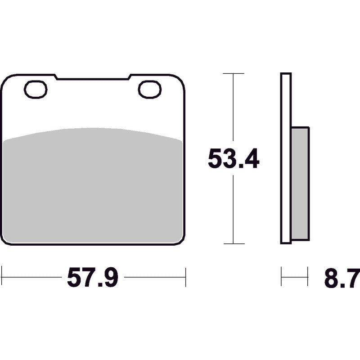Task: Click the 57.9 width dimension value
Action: point(93,277)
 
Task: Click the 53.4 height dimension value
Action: point(234,158)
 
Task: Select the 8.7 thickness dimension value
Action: point(342,278)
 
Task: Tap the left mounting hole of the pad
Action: point(36,89)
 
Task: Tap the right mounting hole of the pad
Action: point(150,89)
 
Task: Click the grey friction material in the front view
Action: point(93,186)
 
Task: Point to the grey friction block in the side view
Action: point(300,184)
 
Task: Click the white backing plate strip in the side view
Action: point(286,158)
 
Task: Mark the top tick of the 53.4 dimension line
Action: point(234,73)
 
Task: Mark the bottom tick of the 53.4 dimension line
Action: point(234,243)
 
